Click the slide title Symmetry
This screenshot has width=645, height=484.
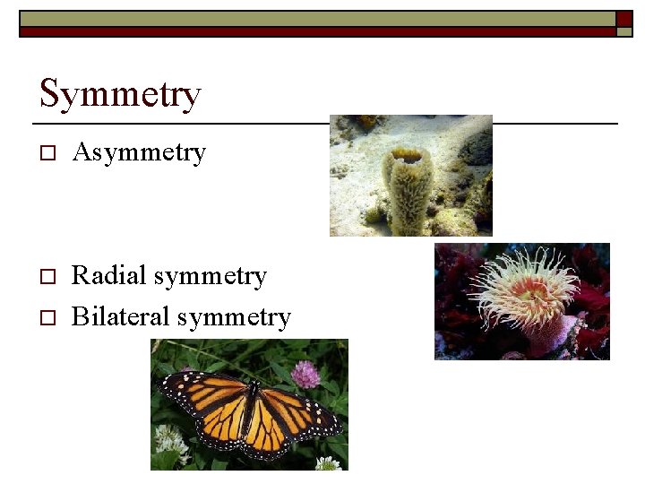coord(120,93)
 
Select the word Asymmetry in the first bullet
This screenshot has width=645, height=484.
coord(139,153)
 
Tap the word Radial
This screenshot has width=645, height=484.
coord(108,275)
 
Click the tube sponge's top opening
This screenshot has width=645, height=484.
coord(408,156)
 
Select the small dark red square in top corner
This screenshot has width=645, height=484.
coord(624,17)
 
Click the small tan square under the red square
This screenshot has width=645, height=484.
coord(624,31)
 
